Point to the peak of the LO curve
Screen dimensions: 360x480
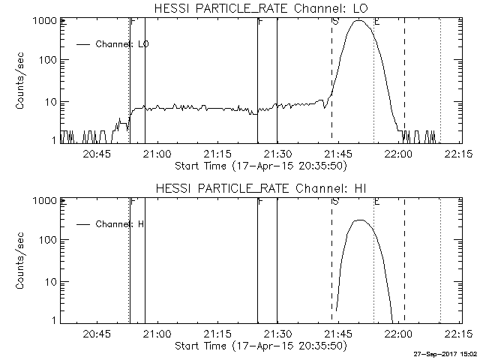click(360, 21)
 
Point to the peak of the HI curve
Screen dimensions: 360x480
click(360, 220)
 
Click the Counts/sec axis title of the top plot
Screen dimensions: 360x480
click(22, 82)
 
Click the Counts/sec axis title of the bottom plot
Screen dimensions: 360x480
click(22, 262)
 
